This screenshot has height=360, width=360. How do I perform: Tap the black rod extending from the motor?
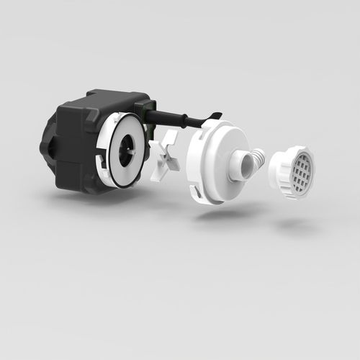(180, 117)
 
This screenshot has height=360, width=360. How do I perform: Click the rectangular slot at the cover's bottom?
(197, 192)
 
